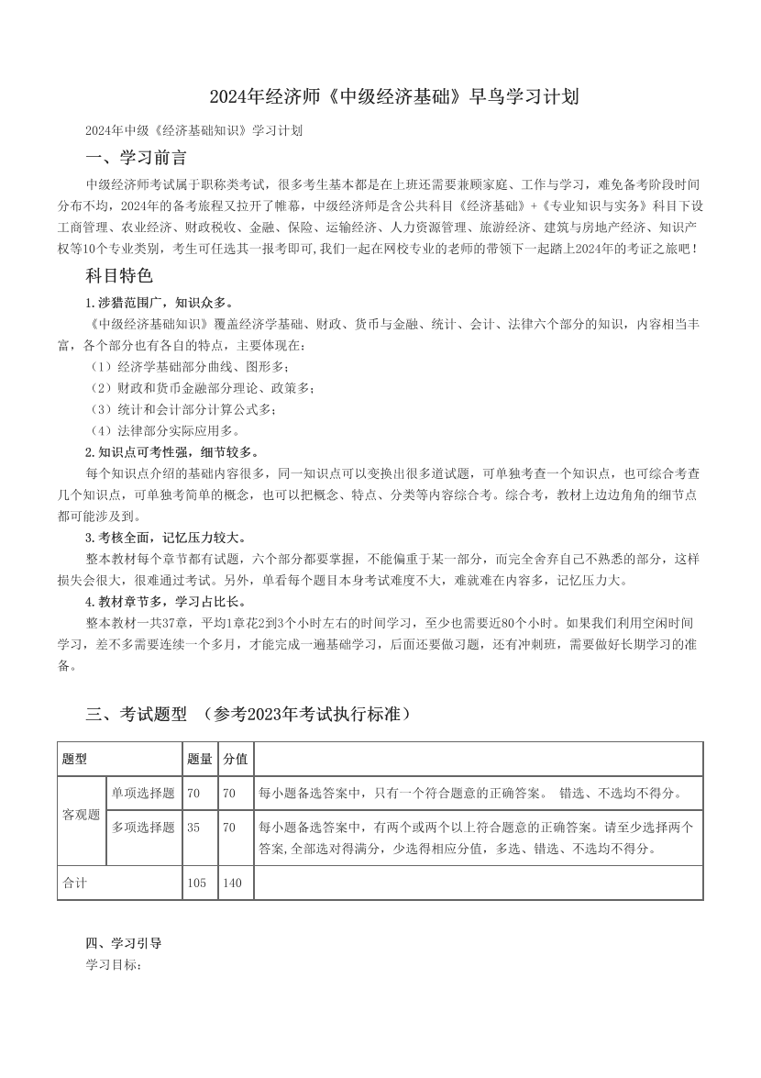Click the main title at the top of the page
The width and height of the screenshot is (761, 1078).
click(380, 96)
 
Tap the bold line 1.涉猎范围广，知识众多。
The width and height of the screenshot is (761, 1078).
click(159, 302)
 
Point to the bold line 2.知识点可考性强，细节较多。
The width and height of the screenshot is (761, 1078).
click(172, 451)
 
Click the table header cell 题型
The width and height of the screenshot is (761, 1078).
click(74, 759)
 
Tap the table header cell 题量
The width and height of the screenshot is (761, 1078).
click(199, 759)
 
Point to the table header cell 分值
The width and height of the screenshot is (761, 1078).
click(235, 759)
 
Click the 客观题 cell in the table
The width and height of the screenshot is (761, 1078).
click(81, 814)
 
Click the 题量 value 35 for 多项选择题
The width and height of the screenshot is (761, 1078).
click(193, 827)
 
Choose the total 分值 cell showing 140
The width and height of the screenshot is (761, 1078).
click(232, 883)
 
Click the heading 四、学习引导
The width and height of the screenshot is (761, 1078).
click(123, 942)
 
